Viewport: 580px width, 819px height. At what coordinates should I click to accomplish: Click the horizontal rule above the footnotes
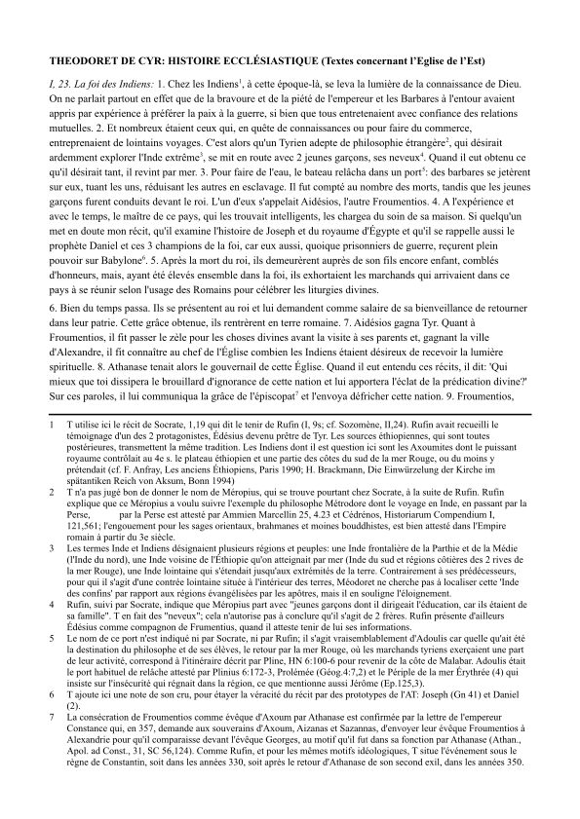pos(290,440)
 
